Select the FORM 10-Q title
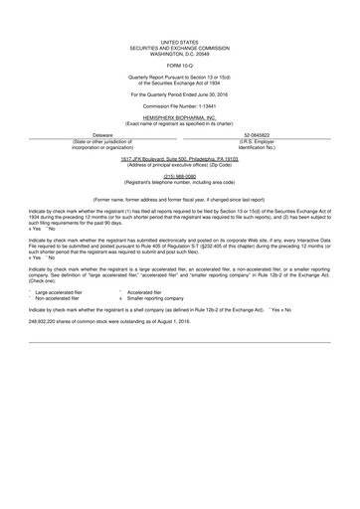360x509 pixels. pyautogui.click(x=180, y=66)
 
